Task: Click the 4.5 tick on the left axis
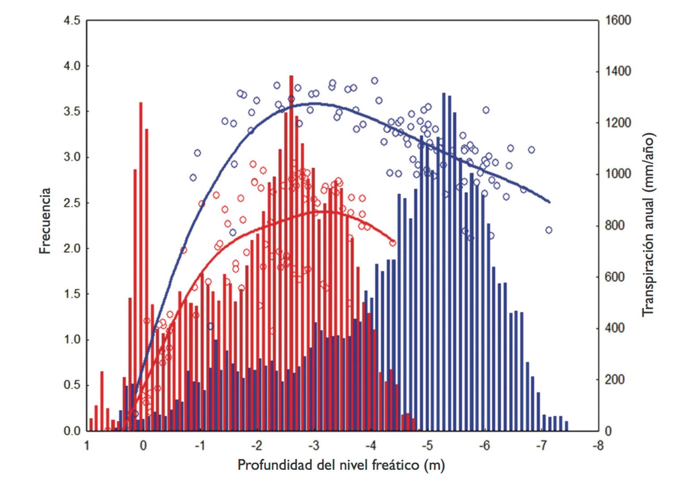tap(72, 21)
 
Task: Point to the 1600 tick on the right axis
tap(618, 21)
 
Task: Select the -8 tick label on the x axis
tap(598, 446)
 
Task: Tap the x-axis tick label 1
tap(87, 446)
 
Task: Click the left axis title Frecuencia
tap(45, 221)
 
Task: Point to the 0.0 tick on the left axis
tap(72, 431)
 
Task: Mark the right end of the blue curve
tap(549, 202)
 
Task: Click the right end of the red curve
tap(394, 241)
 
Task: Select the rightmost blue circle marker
tap(549, 230)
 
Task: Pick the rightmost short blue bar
tap(566, 426)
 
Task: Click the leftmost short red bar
tap(91, 425)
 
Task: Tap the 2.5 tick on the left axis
tap(72, 203)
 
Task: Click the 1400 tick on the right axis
tap(618, 72)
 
